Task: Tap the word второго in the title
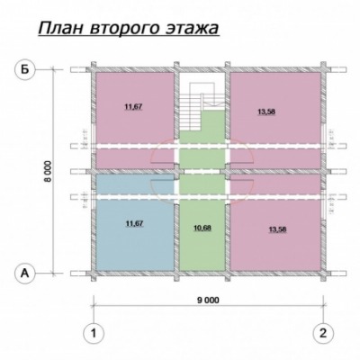tap(124, 30)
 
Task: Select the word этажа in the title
tap(192, 29)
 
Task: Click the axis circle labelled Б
tap(25, 70)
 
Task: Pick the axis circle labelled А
tap(25, 273)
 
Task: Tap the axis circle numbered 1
tap(94, 333)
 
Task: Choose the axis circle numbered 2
tap(323, 333)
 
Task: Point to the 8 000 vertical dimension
tap(48, 171)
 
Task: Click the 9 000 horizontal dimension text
tap(208, 300)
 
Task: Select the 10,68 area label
tap(202, 229)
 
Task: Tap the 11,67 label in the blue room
tap(134, 223)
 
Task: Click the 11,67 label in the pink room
tap(133, 107)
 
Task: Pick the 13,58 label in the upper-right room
tap(266, 112)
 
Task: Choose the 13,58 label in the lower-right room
tap(277, 229)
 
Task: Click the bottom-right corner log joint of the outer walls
tap(323, 273)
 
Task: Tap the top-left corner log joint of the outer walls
tap(94, 69)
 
